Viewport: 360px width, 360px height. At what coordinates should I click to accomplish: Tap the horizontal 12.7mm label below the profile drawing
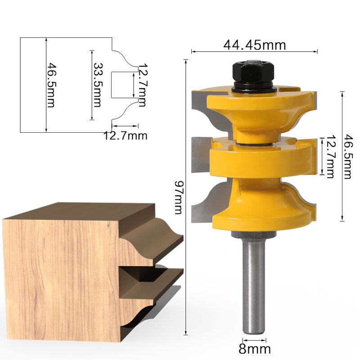point(126,135)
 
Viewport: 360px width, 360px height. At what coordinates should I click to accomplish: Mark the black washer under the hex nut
point(253,89)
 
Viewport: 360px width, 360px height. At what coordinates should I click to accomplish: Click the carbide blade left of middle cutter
point(198,155)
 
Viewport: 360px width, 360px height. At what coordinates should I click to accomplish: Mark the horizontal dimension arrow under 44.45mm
point(255,52)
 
